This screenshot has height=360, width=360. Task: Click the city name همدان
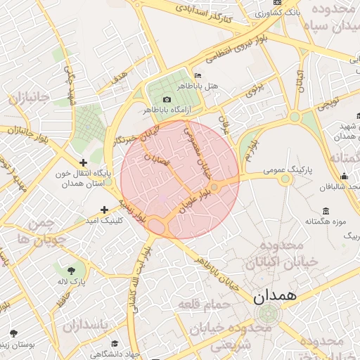point(275,298)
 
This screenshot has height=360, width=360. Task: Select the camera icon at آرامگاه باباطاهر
point(167,99)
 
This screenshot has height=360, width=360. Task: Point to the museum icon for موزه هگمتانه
point(326,211)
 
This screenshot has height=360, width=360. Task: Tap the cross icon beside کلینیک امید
point(104,210)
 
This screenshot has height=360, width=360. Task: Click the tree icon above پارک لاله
point(70,270)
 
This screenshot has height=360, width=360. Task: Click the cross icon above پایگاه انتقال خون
point(84,162)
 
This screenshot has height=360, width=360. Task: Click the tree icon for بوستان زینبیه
point(12,333)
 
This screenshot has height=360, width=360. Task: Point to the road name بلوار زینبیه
point(134,210)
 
